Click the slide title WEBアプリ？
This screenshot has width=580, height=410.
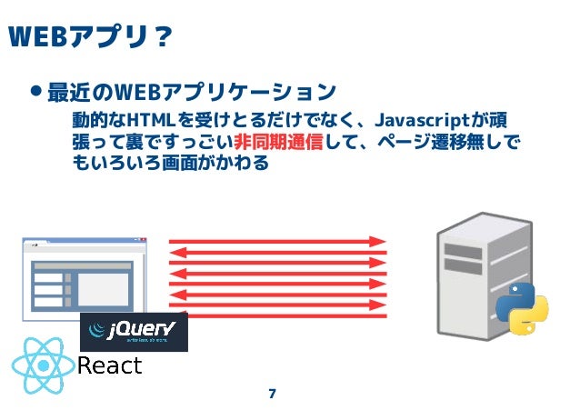pos(89,37)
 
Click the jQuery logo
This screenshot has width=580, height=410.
pos(134,332)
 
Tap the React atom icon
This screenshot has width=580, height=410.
pos(43,364)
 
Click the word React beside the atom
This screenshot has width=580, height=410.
pos(110,365)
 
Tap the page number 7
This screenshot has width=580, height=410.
pos(272,394)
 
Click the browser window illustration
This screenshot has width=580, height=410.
pos(83,278)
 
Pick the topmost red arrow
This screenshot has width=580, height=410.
pos(277,242)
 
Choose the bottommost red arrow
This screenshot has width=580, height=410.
pos(277,315)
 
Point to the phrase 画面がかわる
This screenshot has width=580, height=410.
pos(214,165)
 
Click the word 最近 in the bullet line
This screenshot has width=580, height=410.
pos(63,92)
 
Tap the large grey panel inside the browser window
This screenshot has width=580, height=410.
pos(103,289)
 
